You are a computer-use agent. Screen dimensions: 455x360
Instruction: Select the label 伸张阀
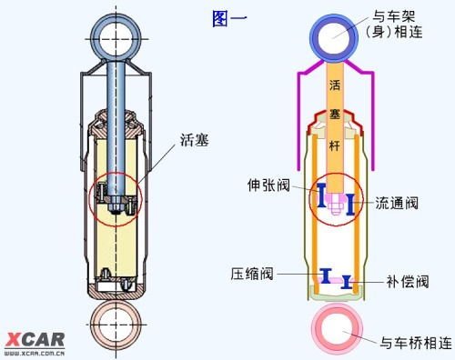pyautogui.click(x=270, y=185)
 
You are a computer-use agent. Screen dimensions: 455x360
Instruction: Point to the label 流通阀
pyautogui.click(x=396, y=204)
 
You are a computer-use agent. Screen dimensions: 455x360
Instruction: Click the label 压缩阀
pyautogui.click(x=251, y=272)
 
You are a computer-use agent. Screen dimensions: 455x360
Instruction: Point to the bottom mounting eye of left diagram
pyautogui.click(x=118, y=325)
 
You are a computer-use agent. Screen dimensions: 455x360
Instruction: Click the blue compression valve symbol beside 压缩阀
pyautogui.click(x=323, y=275)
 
